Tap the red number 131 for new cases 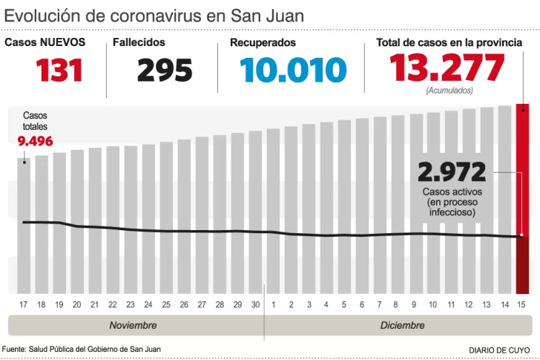tap(59, 71)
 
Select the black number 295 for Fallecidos tap(165, 71)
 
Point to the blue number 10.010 tap(293, 71)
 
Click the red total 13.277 tap(447, 69)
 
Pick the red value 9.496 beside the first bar tap(35, 141)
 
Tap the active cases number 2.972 tap(451, 172)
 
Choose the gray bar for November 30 tap(255, 212)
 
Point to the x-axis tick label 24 tap(148, 304)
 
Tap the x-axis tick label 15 tap(522, 304)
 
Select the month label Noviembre tap(133, 325)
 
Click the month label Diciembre tap(402, 325)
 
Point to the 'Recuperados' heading tap(263, 43)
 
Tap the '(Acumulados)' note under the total tap(448, 91)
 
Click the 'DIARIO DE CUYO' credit tap(499, 349)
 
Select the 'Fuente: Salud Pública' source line tap(81, 349)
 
